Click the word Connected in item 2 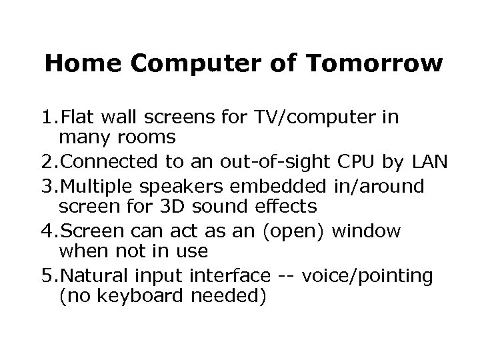111,161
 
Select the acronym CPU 357,161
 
